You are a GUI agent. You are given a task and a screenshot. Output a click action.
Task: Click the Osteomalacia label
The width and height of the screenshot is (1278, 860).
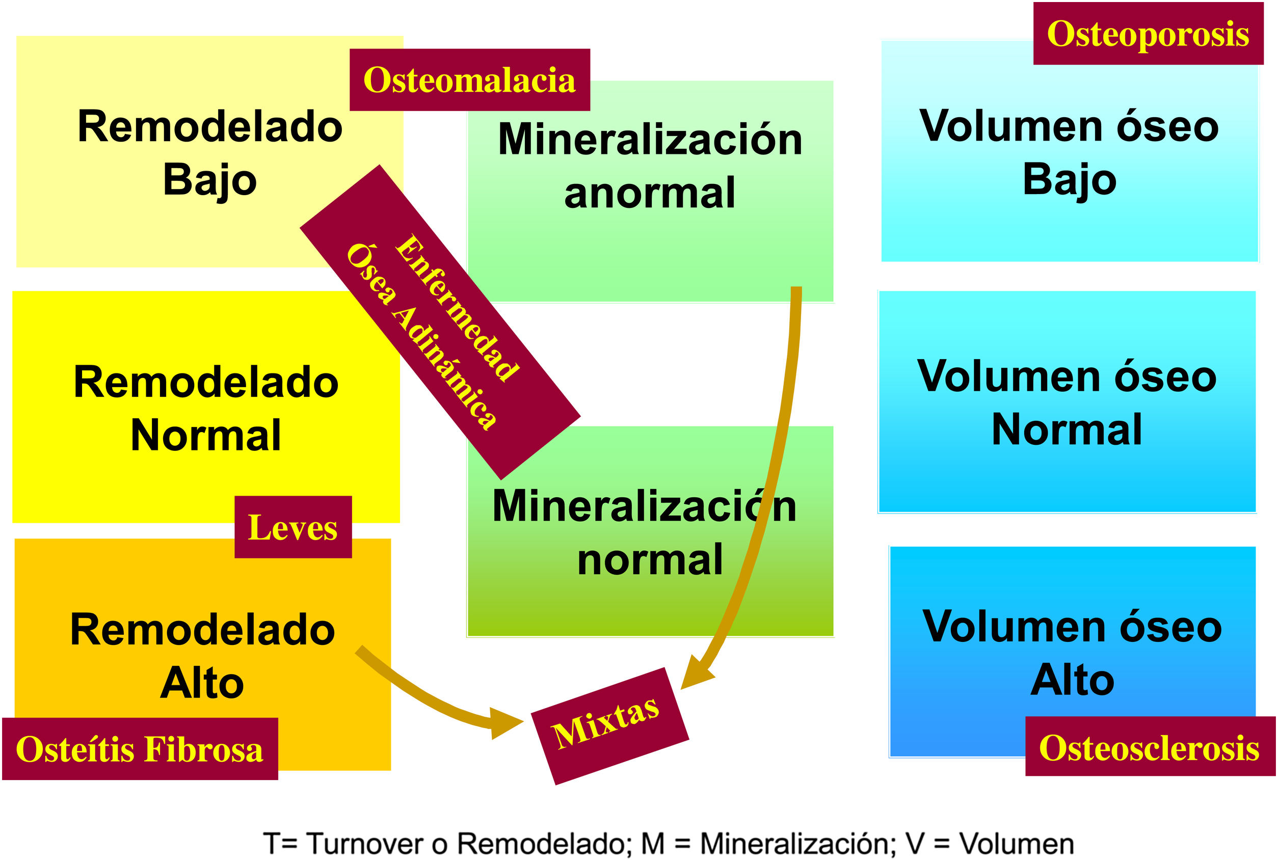pos(469,80)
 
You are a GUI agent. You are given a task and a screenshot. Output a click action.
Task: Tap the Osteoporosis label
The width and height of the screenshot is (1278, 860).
pos(1148,34)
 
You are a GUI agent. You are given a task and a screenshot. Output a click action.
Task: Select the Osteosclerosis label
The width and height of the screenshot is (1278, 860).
pos(1150,748)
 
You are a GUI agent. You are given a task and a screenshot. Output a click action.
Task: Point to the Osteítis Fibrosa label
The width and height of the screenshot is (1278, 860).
pos(140,749)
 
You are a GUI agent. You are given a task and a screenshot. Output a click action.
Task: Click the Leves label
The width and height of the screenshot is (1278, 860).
pos(293,528)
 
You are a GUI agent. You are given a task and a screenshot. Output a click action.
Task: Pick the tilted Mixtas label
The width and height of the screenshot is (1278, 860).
pos(605,723)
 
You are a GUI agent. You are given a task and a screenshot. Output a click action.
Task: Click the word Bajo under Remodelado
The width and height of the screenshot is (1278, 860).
pos(209,180)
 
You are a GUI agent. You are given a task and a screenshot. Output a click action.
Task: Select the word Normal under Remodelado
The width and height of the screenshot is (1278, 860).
pos(206,435)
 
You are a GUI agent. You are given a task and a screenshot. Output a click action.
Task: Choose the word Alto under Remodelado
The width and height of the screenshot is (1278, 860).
pos(202,683)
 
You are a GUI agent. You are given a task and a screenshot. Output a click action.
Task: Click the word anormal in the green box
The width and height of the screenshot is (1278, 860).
pos(649,193)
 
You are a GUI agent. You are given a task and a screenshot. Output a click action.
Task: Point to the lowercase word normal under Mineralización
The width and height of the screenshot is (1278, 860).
pos(650,559)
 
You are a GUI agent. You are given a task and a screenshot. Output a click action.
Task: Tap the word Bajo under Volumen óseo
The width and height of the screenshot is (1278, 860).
pos(1070,179)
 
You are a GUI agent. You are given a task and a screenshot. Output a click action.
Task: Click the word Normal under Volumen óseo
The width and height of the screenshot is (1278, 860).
pos(1067,429)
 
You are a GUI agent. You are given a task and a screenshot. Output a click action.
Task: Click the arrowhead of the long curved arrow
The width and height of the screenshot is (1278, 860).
pos(696,676)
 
